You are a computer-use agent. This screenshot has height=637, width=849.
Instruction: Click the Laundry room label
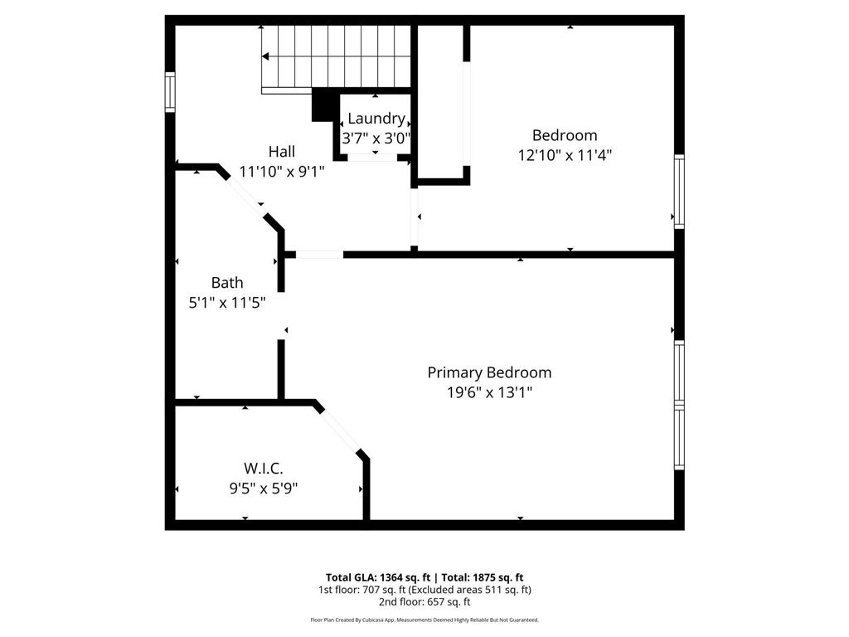pyautogui.click(x=376, y=119)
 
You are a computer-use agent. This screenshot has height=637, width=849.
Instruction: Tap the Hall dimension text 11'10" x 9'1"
pyautogui.click(x=281, y=172)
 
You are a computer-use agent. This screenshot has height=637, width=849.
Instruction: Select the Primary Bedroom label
pyautogui.click(x=489, y=372)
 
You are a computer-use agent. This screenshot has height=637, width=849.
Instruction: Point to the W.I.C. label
pyautogui.click(x=263, y=469)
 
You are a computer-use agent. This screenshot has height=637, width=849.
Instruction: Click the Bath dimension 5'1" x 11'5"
pyautogui.click(x=226, y=303)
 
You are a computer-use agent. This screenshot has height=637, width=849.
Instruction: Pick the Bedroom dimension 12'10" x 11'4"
pyautogui.click(x=565, y=154)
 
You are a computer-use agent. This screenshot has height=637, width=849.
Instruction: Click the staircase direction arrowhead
pyautogui.click(x=266, y=56)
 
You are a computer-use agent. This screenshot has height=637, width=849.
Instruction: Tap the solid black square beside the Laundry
pyautogui.click(x=322, y=106)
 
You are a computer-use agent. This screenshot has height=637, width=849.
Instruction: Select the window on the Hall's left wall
pyautogui.click(x=170, y=91)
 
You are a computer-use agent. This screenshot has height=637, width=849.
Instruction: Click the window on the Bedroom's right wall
pyautogui.click(x=679, y=192)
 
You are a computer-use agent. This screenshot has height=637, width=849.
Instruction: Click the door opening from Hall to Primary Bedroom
pyautogui.click(x=319, y=254)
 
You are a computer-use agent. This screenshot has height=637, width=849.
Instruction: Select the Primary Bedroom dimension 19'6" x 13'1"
pyautogui.click(x=489, y=392)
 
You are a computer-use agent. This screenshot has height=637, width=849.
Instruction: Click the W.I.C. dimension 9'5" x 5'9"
pyautogui.click(x=263, y=489)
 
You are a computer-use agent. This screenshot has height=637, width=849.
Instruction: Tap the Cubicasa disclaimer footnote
pyautogui.click(x=424, y=620)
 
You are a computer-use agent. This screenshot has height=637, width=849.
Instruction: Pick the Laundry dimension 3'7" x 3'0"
pyautogui.click(x=376, y=139)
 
